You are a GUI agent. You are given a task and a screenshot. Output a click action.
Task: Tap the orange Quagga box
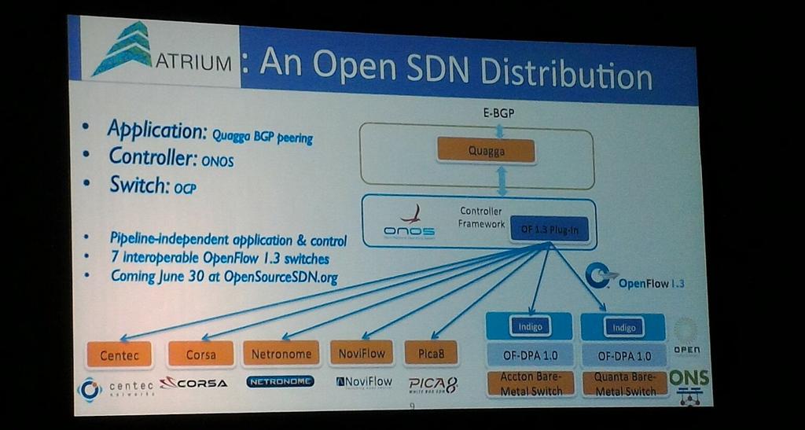(486, 150)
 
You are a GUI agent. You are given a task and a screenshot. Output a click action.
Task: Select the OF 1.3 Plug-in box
(549, 229)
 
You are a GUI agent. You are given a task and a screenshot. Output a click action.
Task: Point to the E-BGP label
(498, 112)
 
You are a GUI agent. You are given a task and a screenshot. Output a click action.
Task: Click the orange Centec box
(119, 355)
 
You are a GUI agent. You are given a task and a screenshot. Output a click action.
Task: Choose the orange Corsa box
(200, 354)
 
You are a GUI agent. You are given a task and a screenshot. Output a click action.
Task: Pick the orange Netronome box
(281, 354)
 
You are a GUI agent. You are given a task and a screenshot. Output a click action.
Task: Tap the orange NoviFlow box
(362, 353)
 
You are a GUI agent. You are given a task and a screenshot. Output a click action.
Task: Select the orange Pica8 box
(431, 353)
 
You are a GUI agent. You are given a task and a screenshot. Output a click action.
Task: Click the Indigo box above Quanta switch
(623, 326)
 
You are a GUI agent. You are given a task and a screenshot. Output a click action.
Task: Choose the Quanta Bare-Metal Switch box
(625, 384)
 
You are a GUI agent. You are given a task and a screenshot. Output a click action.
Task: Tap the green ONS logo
(689, 378)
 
